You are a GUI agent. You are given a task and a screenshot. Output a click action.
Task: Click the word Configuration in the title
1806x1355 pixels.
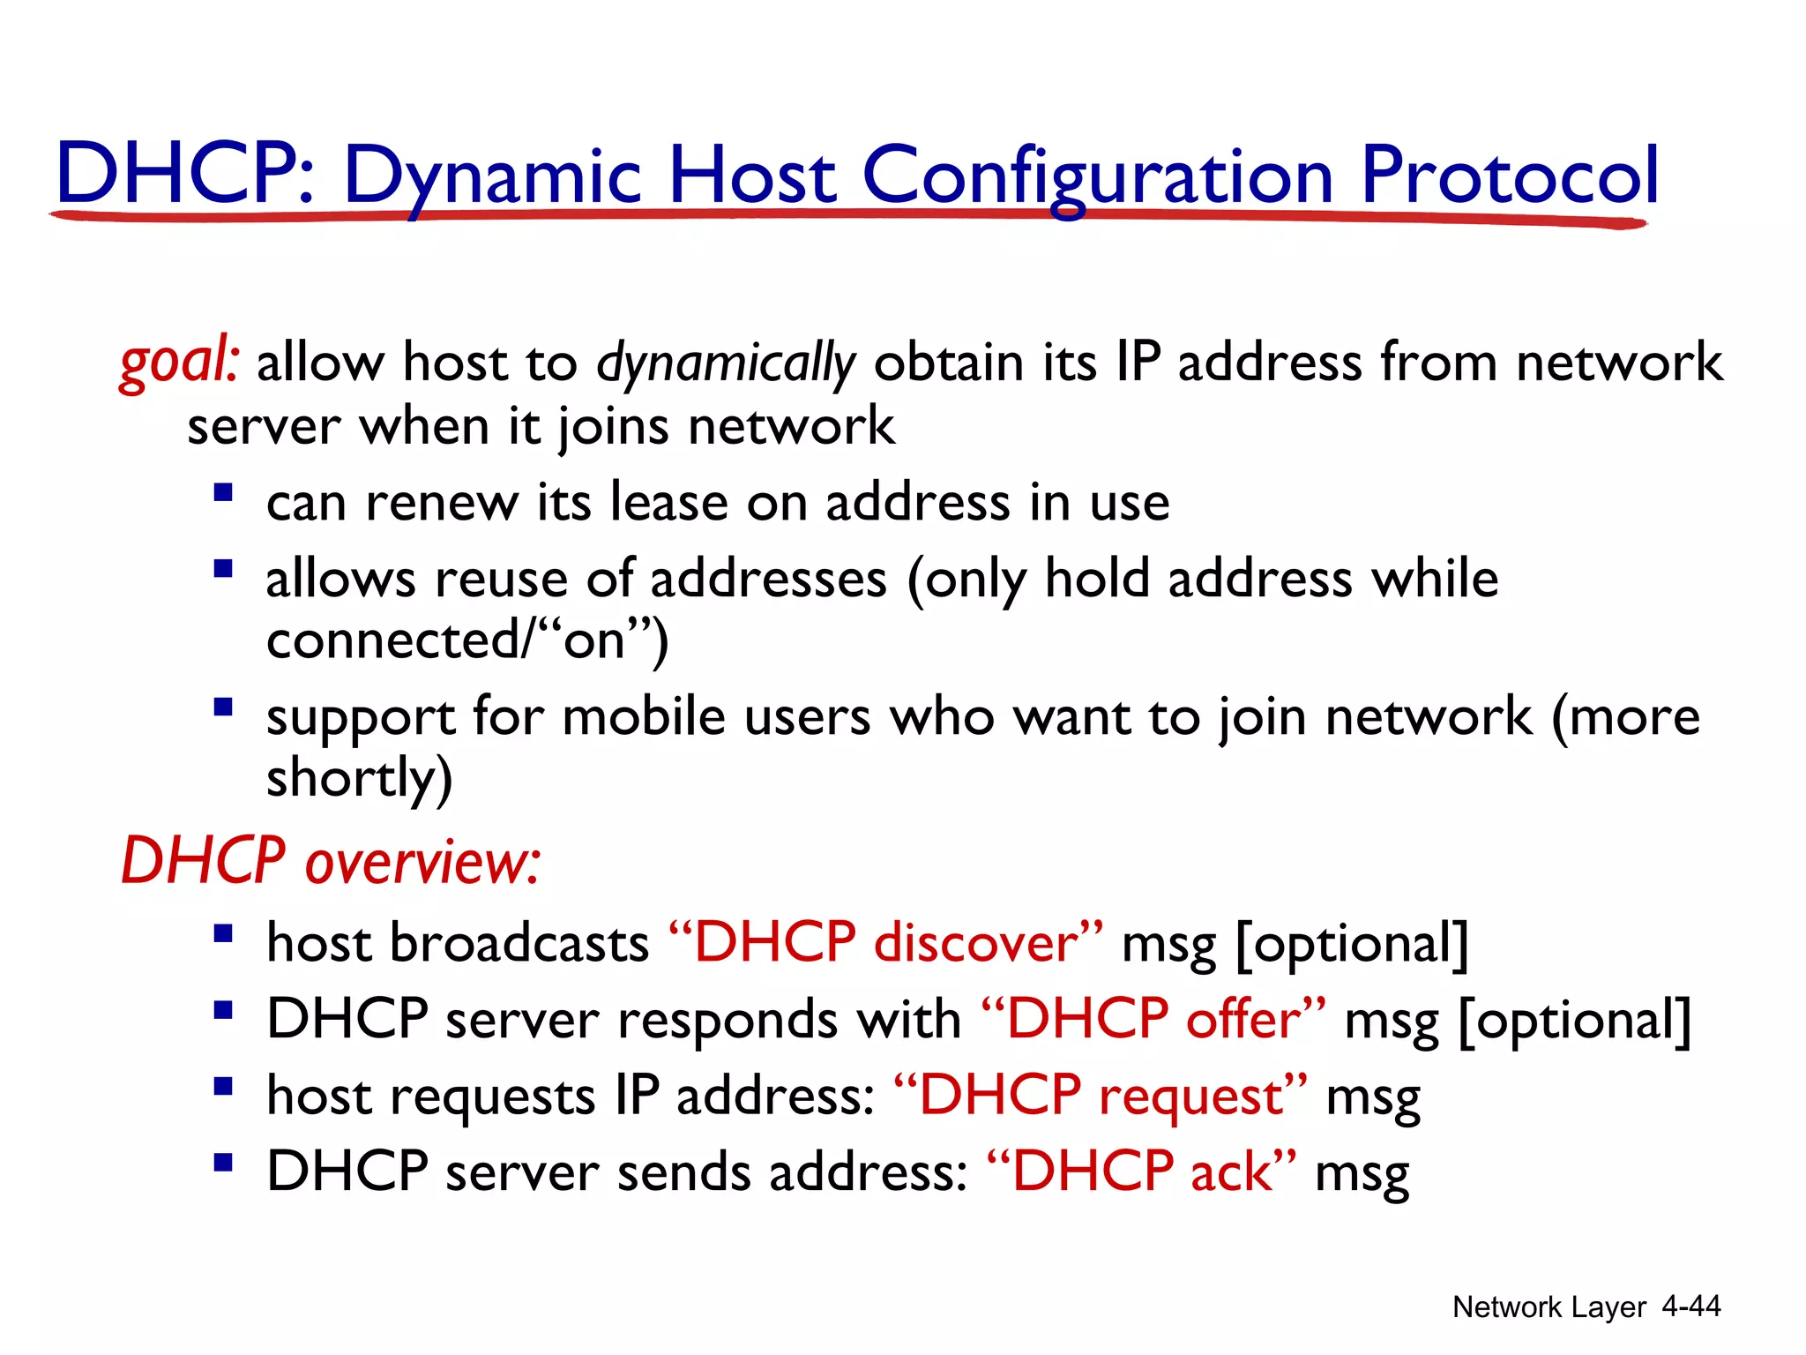tap(1097, 176)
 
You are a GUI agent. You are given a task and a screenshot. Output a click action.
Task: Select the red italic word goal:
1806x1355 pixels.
tap(179, 363)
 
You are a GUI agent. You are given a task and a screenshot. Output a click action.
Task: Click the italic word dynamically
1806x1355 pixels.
tap(726, 363)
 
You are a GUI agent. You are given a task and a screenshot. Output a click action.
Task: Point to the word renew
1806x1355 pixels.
tap(442, 504)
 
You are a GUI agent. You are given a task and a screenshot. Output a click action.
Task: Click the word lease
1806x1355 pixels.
tap(669, 502)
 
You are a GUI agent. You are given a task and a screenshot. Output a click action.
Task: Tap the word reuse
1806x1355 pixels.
tap(500, 580)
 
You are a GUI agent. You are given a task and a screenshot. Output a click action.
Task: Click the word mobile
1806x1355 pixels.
tap(644, 715)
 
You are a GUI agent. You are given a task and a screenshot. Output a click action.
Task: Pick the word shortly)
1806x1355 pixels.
tap(359, 779)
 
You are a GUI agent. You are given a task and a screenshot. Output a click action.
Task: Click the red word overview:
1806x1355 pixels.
tap(422, 862)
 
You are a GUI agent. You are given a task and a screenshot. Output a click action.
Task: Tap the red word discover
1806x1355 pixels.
tap(976, 943)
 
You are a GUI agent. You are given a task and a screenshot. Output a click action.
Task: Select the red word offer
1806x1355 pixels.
tap(1243, 1020)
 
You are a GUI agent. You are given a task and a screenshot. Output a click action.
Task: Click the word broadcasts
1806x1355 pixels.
tap(519, 943)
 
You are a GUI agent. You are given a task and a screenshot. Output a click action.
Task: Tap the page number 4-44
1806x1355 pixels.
tap(1690, 1306)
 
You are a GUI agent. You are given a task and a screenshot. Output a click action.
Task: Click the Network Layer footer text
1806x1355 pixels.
tap(1549, 1306)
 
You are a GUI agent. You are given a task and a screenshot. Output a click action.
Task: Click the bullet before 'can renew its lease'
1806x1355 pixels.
tap(223, 491)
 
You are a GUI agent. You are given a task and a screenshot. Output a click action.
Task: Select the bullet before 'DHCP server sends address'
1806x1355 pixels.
tap(223, 1162)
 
